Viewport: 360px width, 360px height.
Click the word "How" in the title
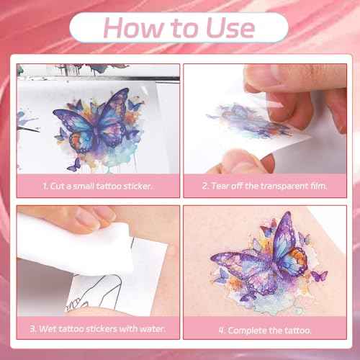tap(134, 28)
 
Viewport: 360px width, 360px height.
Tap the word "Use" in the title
tap(230, 28)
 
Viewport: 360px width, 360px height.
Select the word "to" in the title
tap(185, 29)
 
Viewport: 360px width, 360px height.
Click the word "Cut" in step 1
tap(57, 186)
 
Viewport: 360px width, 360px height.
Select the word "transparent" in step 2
tap(284, 186)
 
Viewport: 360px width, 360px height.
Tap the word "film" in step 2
tap(318, 186)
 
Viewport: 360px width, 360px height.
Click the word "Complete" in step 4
tap(247, 330)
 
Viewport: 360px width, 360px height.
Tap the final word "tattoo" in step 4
tap(297, 330)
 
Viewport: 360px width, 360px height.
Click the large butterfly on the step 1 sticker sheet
tap(96, 121)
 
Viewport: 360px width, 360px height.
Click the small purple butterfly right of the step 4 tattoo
tap(320, 276)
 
